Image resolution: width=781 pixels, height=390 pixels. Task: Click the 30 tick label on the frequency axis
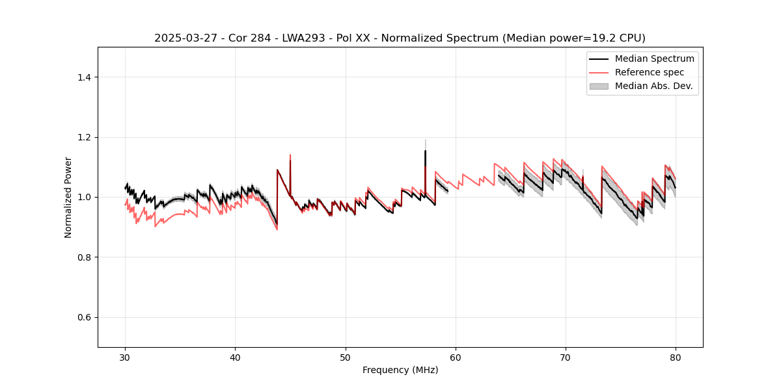pyautogui.click(x=126, y=357)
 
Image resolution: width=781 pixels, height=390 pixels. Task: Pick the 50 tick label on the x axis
pyautogui.click(x=346, y=357)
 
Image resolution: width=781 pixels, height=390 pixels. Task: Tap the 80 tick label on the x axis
pyautogui.click(x=676, y=357)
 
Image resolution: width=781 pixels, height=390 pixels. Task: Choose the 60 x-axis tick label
pyautogui.click(x=456, y=357)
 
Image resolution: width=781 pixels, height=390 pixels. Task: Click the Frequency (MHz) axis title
pyautogui.click(x=400, y=370)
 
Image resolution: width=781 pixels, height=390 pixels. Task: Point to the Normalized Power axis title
pyautogui.click(x=68, y=197)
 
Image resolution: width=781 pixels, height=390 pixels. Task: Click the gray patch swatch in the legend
pyautogui.click(x=599, y=86)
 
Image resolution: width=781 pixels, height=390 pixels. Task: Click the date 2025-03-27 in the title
pyautogui.click(x=179, y=38)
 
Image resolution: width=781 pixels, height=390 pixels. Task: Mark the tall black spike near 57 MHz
pyautogui.click(x=425, y=152)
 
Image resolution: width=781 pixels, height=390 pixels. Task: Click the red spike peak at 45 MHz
pyautogui.click(x=290, y=155)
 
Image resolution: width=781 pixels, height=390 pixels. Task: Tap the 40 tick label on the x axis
pyautogui.click(x=236, y=357)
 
